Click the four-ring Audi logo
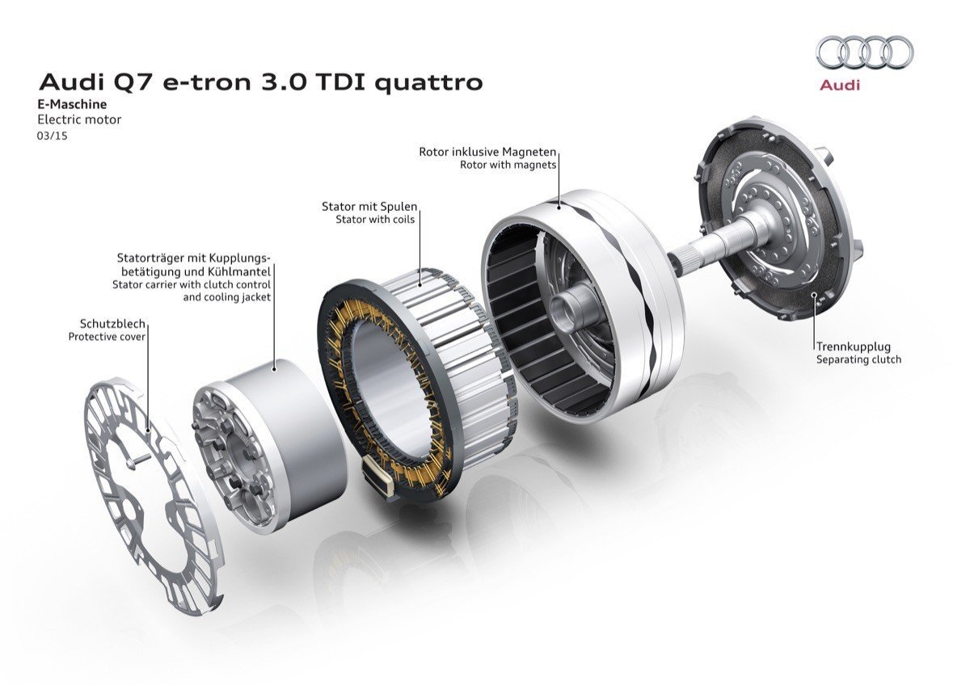(864, 57)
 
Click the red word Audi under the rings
(840, 86)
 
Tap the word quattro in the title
(428, 83)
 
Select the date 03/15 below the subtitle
(52, 136)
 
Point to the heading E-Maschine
(72, 104)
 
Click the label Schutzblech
(112, 323)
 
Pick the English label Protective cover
(107, 336)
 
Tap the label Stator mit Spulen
(369, 207)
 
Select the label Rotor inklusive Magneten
(487, 152)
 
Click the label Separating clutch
(858, 359)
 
